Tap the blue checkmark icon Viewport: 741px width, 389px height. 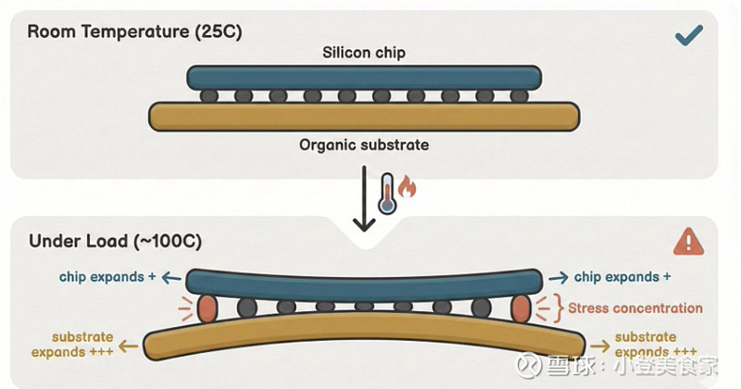pos(688,36)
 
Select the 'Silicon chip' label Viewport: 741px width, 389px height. pos(364,53)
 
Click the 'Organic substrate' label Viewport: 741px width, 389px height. pos(364,145)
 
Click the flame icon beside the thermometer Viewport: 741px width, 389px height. pos(408,189)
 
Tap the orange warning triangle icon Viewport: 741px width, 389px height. pos(688,243)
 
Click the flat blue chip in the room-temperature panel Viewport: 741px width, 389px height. pos(364,77)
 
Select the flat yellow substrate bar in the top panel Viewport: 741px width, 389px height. pos(364,115)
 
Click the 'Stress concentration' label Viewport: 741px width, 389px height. pos(634,308)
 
